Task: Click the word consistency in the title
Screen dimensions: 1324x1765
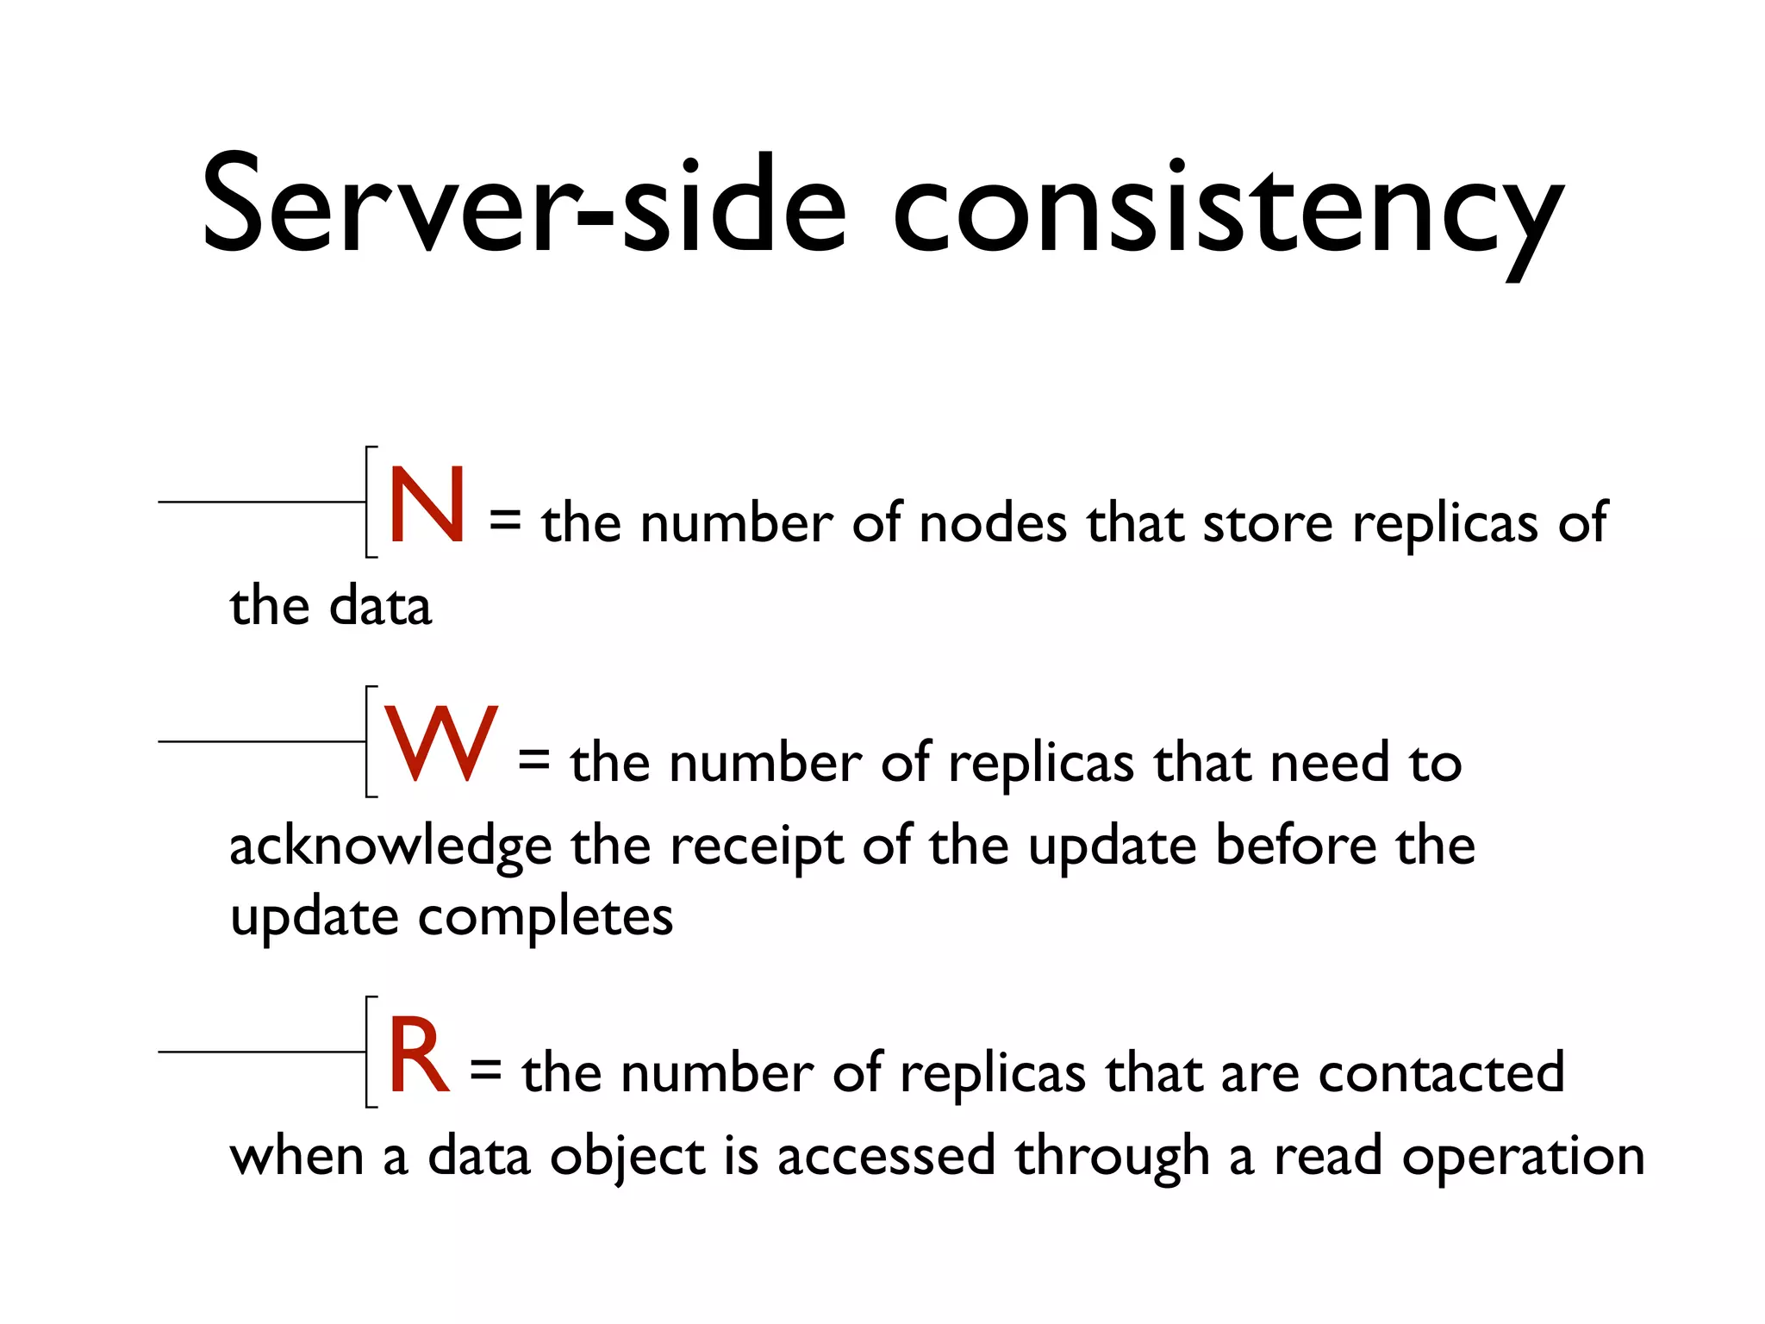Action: pos(1227,211)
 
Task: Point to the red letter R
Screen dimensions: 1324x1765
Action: pos(419,1055)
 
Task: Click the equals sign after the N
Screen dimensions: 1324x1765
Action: pos(505,521)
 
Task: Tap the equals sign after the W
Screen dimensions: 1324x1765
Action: pos(533,760)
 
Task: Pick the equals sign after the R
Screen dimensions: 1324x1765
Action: pos(485,1071)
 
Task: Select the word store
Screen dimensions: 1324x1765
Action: pos(1268,522)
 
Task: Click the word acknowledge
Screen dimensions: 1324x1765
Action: pos(390,846)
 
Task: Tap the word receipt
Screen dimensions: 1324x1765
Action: pos(757,846)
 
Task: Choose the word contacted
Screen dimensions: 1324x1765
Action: pos(1441,1072)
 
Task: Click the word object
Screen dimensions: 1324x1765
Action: pos(628,1157)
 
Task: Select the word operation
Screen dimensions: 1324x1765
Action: pos(1523,1157)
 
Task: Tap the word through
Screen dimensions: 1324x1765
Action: pos(1112,1157)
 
